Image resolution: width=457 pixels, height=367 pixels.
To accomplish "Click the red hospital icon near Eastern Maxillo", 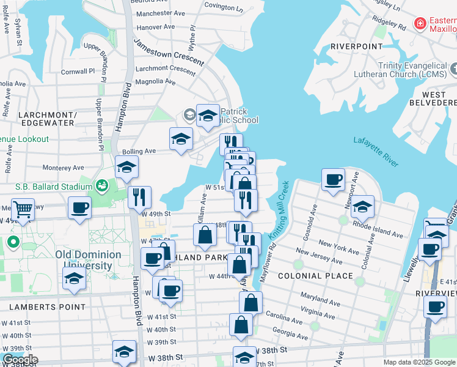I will click(x=420, y=24).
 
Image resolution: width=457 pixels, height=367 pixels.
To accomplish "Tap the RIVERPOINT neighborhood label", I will click(x=356, y=46).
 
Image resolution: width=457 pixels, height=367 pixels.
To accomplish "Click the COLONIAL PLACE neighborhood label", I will click(x=315, y=276).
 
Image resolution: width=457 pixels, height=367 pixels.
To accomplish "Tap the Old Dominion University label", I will click(x=84, y=260).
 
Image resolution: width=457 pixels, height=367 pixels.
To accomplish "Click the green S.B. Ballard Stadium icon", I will click(x=102, y=184).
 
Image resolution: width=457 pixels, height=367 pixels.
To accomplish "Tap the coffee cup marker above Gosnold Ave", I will click(x=333, y=179).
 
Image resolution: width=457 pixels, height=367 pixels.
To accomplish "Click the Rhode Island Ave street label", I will click(x=378, y=229).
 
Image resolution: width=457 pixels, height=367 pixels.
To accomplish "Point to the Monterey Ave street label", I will click(x=63, y=168).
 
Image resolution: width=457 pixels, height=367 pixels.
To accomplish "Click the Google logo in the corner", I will click(x=20, y=359).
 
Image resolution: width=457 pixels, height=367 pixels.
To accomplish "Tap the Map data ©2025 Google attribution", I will click(x=419, y=362).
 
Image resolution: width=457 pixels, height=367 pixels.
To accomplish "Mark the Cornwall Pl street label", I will click(x=78, y=72).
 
